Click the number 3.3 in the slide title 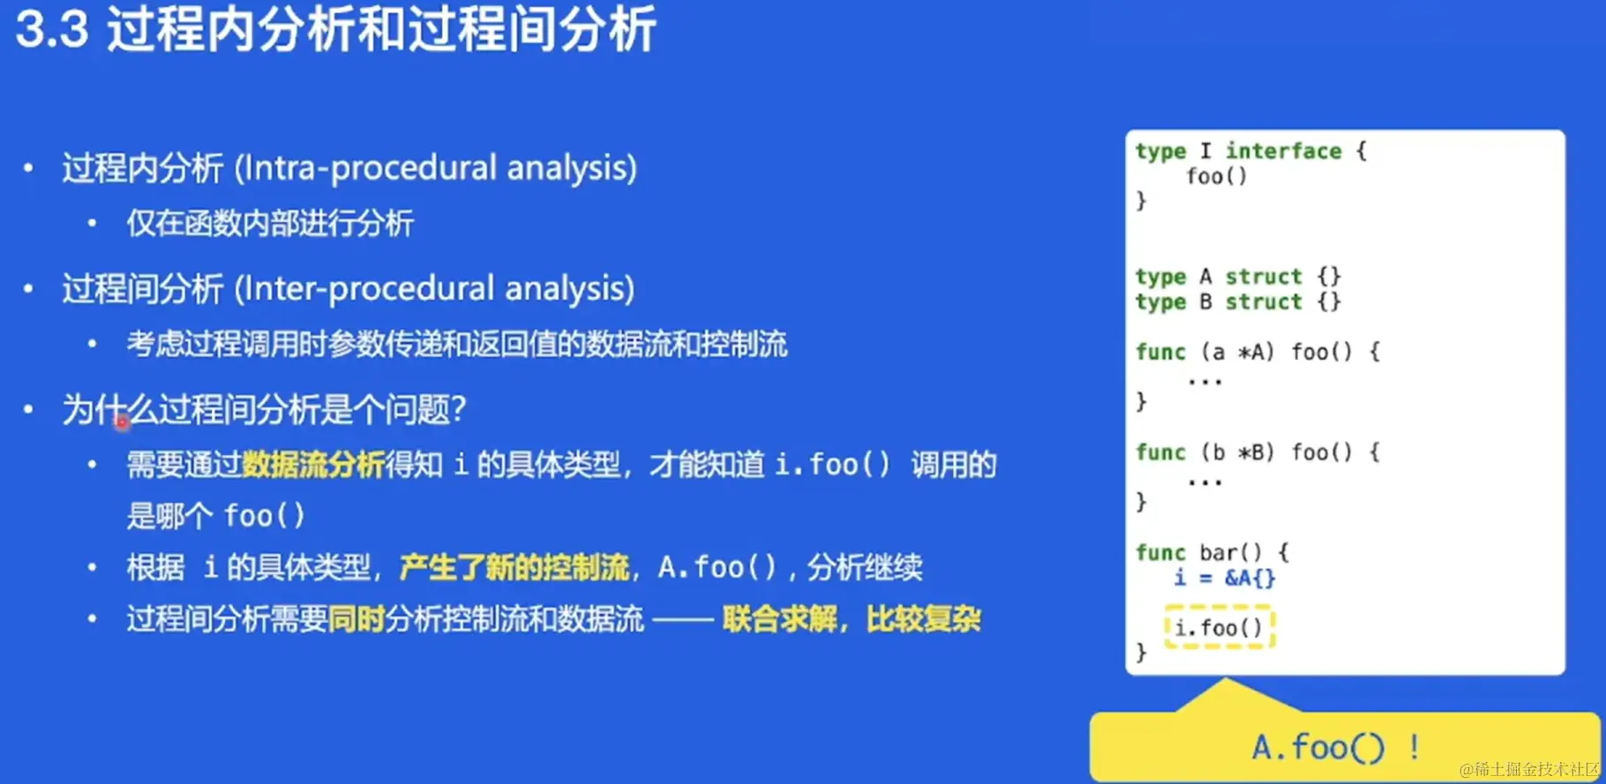click(53, 28)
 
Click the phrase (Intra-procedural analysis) click(436, 168)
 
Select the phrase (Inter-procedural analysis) click(435, 288)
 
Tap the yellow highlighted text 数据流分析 click(313, 464)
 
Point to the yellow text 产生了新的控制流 click(514, 566)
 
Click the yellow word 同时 click(356, 618)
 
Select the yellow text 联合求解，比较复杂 click(852, 618)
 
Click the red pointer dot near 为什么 click(123, 423)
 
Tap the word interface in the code click(1283, 151)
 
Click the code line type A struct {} click(1238, 277)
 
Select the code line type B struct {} click(1238, 302)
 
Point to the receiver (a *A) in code click(1238, 352)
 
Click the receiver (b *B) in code click(1238, 452)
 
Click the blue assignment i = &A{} click(1225, 578)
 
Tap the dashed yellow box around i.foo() click(1220, 607)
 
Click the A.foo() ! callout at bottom click(1336, 748)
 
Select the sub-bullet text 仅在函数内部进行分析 click(270, 223)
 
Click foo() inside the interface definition click(1217, 176)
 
